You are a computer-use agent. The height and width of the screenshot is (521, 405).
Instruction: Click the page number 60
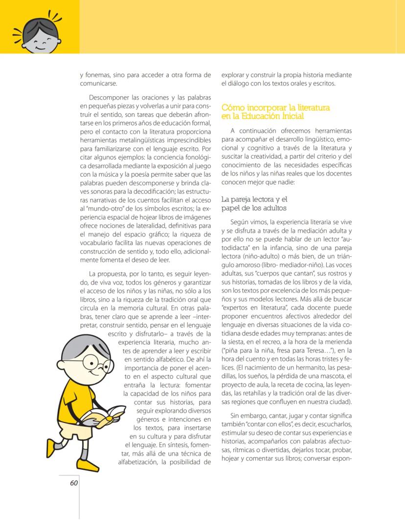74,483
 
